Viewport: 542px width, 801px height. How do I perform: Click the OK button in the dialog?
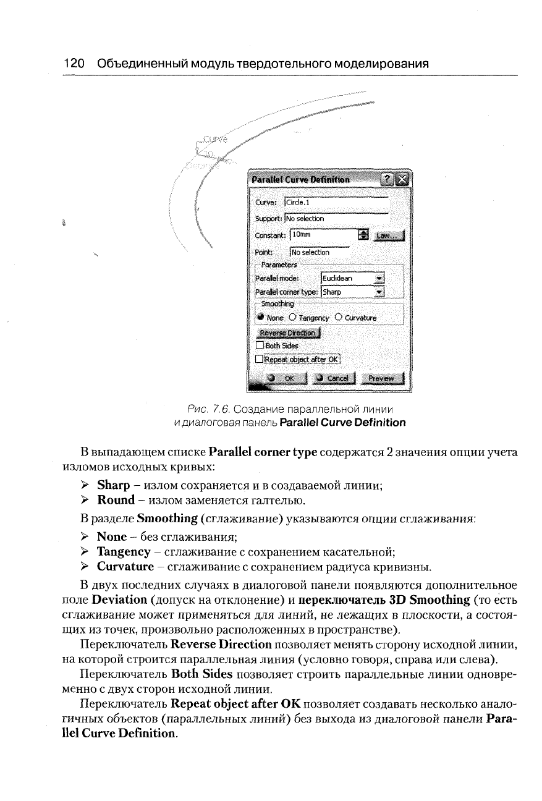(x=281, y=378)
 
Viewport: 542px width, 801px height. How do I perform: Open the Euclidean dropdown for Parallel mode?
(x=379, y=278)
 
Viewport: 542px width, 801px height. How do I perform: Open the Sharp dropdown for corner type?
(x=379, y=292)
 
